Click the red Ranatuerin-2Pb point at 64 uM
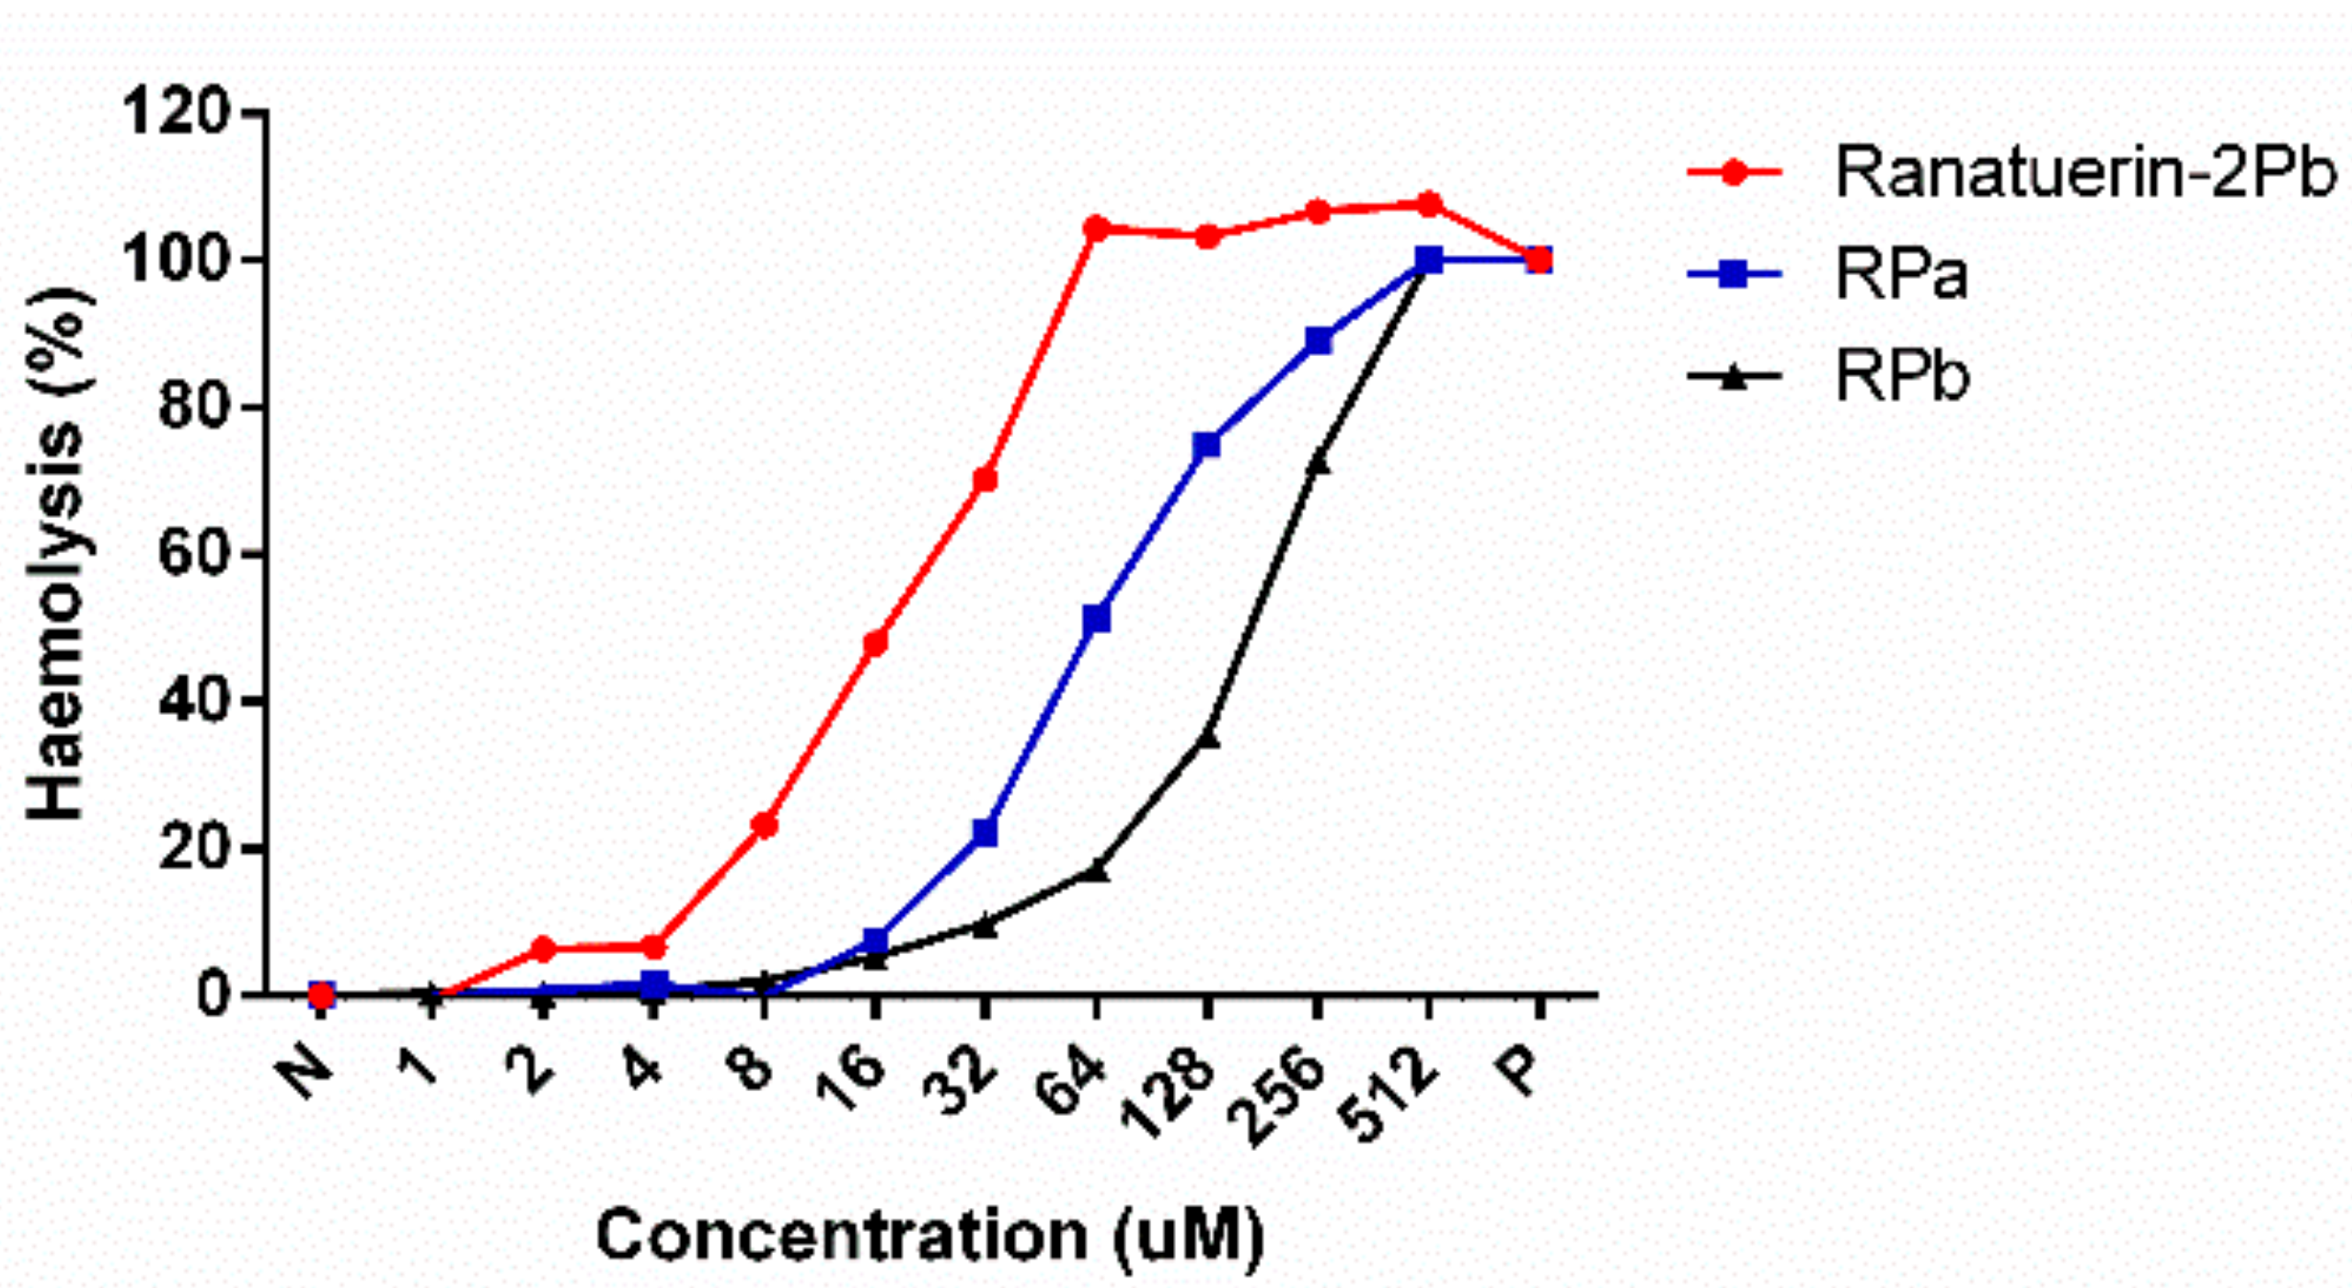(1096, 228)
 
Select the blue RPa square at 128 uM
(1206, 445)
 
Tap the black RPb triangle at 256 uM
(1318, 463)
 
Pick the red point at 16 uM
(875, 642)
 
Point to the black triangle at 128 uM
(1207, 739)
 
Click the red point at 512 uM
(1428, 204)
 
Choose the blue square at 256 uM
(1318, 340)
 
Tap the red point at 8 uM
(764, 825)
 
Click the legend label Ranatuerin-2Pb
(2084, 173)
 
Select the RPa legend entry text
(1901, 274)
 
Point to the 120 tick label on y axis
(175, 112)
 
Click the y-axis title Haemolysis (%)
(57, 552)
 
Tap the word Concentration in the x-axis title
(842, 1235)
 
